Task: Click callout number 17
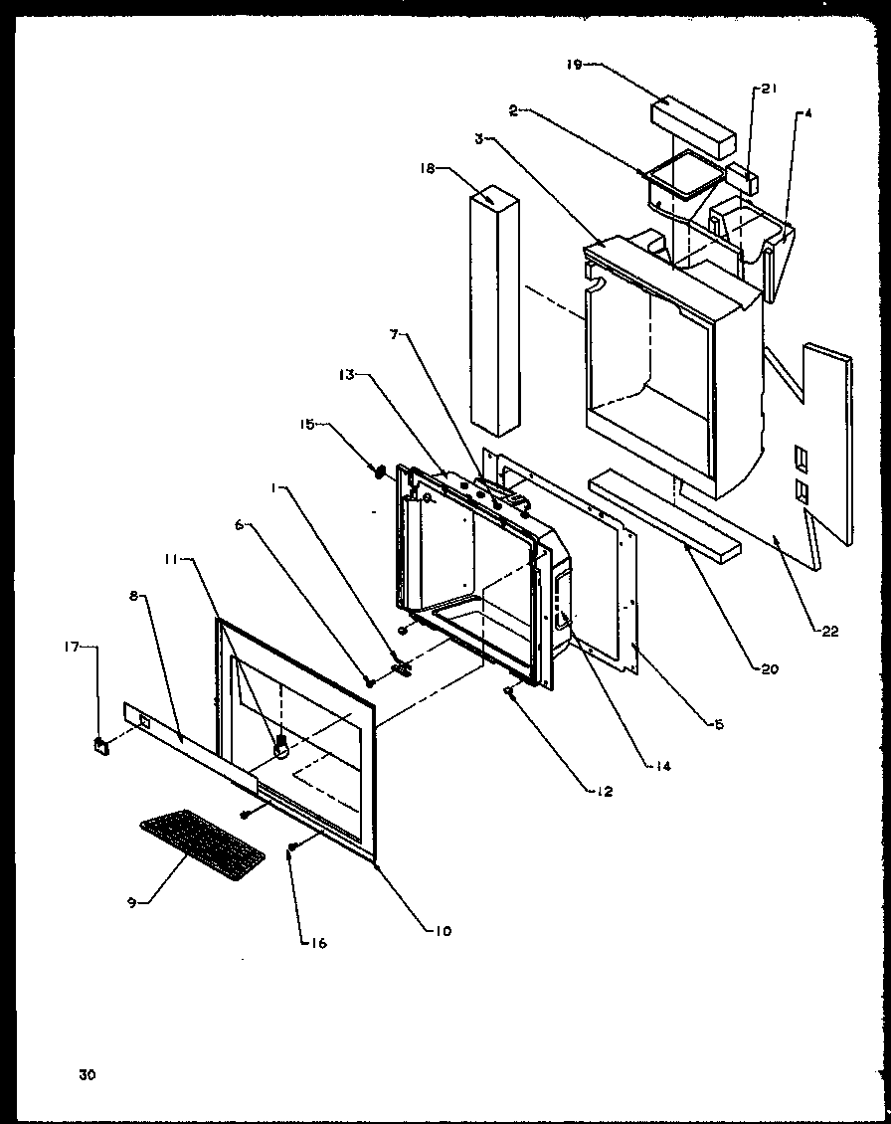coord(96,648)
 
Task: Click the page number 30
coord(89,1074)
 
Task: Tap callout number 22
coord(830,629)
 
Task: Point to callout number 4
coord(808,114)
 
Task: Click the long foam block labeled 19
coord(694,118)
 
